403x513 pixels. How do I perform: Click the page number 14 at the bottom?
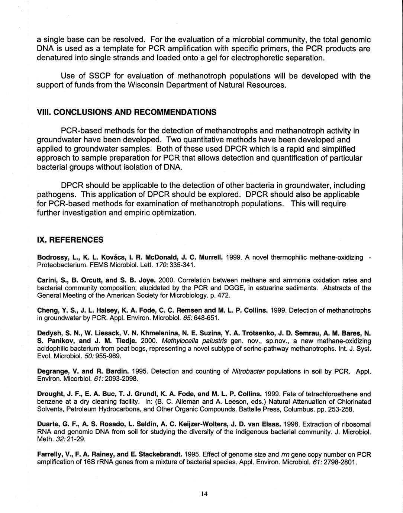point(204,494)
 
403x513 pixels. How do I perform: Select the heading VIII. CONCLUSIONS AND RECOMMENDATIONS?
point(126,112)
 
